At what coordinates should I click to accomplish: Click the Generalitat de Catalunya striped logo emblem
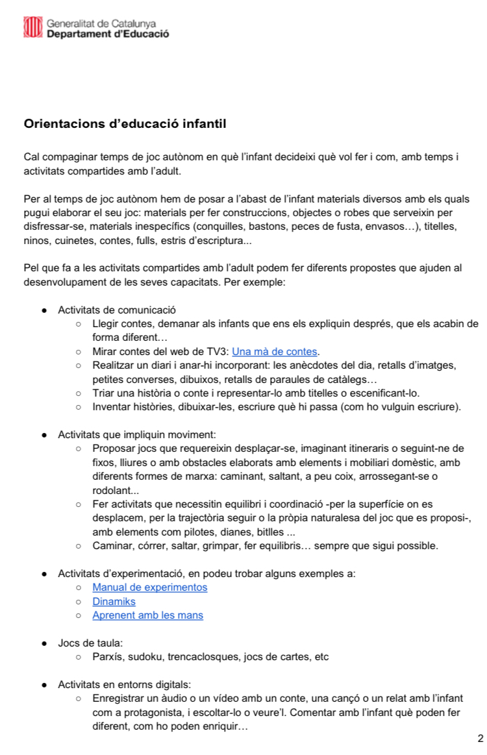[32, 27]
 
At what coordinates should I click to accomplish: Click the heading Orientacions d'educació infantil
[125, 123]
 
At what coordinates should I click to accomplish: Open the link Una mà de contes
[275, 352]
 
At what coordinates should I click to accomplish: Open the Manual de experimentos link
[150, 588]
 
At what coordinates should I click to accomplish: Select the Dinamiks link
[114, 602]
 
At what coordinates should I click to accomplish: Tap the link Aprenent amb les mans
[147, 615]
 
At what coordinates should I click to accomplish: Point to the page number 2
[480, 738]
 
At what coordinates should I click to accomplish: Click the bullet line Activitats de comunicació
[117, 310]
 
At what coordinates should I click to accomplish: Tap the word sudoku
[146, 657]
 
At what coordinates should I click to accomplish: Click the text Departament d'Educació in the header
[108, 34]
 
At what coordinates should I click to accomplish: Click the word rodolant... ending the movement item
[111, 490]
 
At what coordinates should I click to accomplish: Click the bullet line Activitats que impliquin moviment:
[136, 434]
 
